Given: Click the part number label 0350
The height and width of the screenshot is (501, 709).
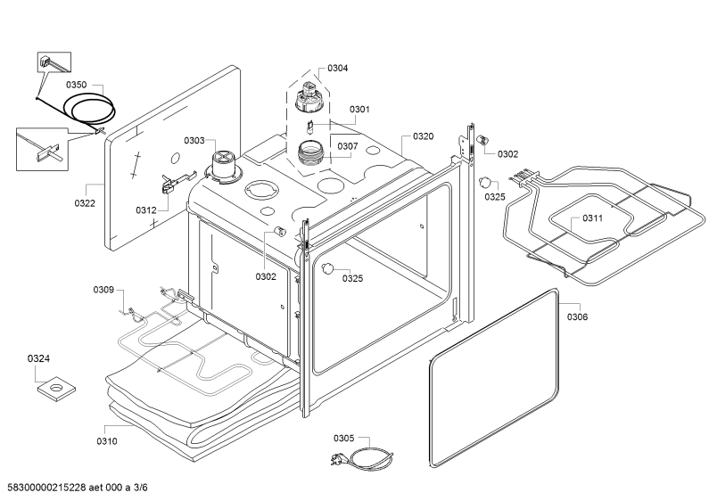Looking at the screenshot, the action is click(77, 85).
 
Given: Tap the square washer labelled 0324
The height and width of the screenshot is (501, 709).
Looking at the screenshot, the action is click(56, 388).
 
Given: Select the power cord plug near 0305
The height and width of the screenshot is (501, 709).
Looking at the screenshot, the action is click(336, 459).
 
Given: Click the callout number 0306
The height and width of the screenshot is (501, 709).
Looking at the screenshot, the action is click(577, 317).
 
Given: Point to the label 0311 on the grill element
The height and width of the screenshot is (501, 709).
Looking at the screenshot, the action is click(592, 218).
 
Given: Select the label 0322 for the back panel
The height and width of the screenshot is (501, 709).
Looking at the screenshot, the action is click(85, 203).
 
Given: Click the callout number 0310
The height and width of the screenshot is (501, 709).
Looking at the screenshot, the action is click(107, 441).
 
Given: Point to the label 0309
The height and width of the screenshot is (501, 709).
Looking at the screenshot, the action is click(103, 290).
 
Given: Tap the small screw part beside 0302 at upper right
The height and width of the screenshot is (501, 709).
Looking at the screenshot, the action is click(482, 140).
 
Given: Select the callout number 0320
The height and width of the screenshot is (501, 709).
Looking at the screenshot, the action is click(423, 136).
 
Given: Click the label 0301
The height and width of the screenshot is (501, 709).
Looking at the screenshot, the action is click(359, 110).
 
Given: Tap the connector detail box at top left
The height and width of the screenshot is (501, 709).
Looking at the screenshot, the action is click(54, 62).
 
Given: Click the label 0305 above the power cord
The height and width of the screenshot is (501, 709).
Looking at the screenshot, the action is click(344, 438).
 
